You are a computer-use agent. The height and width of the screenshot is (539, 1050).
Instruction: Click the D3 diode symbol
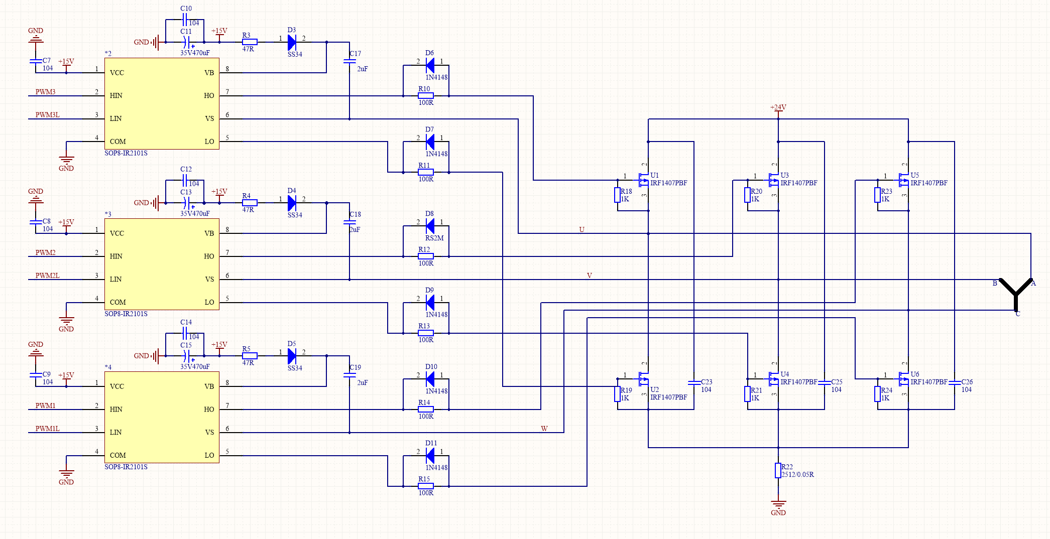(292, 42)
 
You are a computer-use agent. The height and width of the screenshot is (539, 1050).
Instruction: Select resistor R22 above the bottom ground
(778, 470)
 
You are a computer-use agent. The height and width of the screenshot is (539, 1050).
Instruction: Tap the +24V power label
(778, 107)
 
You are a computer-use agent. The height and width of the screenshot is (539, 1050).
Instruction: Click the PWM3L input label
(47, 115)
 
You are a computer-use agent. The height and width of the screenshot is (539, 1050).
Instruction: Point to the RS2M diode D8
(430, 226)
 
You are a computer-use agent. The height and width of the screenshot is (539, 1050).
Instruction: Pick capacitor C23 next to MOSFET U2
(694, 382)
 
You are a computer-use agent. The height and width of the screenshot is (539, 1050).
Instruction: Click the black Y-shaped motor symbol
(1015, 295)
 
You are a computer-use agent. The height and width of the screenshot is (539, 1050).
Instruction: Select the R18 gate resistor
(618, 195)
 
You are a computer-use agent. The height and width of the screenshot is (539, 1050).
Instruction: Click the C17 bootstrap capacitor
(349, 61)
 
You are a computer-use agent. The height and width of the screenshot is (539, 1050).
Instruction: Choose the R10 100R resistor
(426, 95)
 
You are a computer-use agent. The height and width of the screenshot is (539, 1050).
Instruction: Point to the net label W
(544, 429)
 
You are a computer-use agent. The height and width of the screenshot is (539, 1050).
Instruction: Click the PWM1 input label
(45, 406)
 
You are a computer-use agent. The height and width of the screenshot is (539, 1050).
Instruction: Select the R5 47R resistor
(250, 356)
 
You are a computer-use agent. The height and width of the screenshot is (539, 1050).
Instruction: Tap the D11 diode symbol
(430, 455)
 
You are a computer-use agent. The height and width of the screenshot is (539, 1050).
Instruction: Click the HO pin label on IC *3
(209, 256)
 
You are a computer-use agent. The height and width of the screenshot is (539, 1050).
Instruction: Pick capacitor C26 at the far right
(954, 382)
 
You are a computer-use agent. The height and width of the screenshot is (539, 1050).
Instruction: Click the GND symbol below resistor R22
(778, 504)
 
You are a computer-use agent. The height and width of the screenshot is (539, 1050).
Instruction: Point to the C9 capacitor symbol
(36, 374)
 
